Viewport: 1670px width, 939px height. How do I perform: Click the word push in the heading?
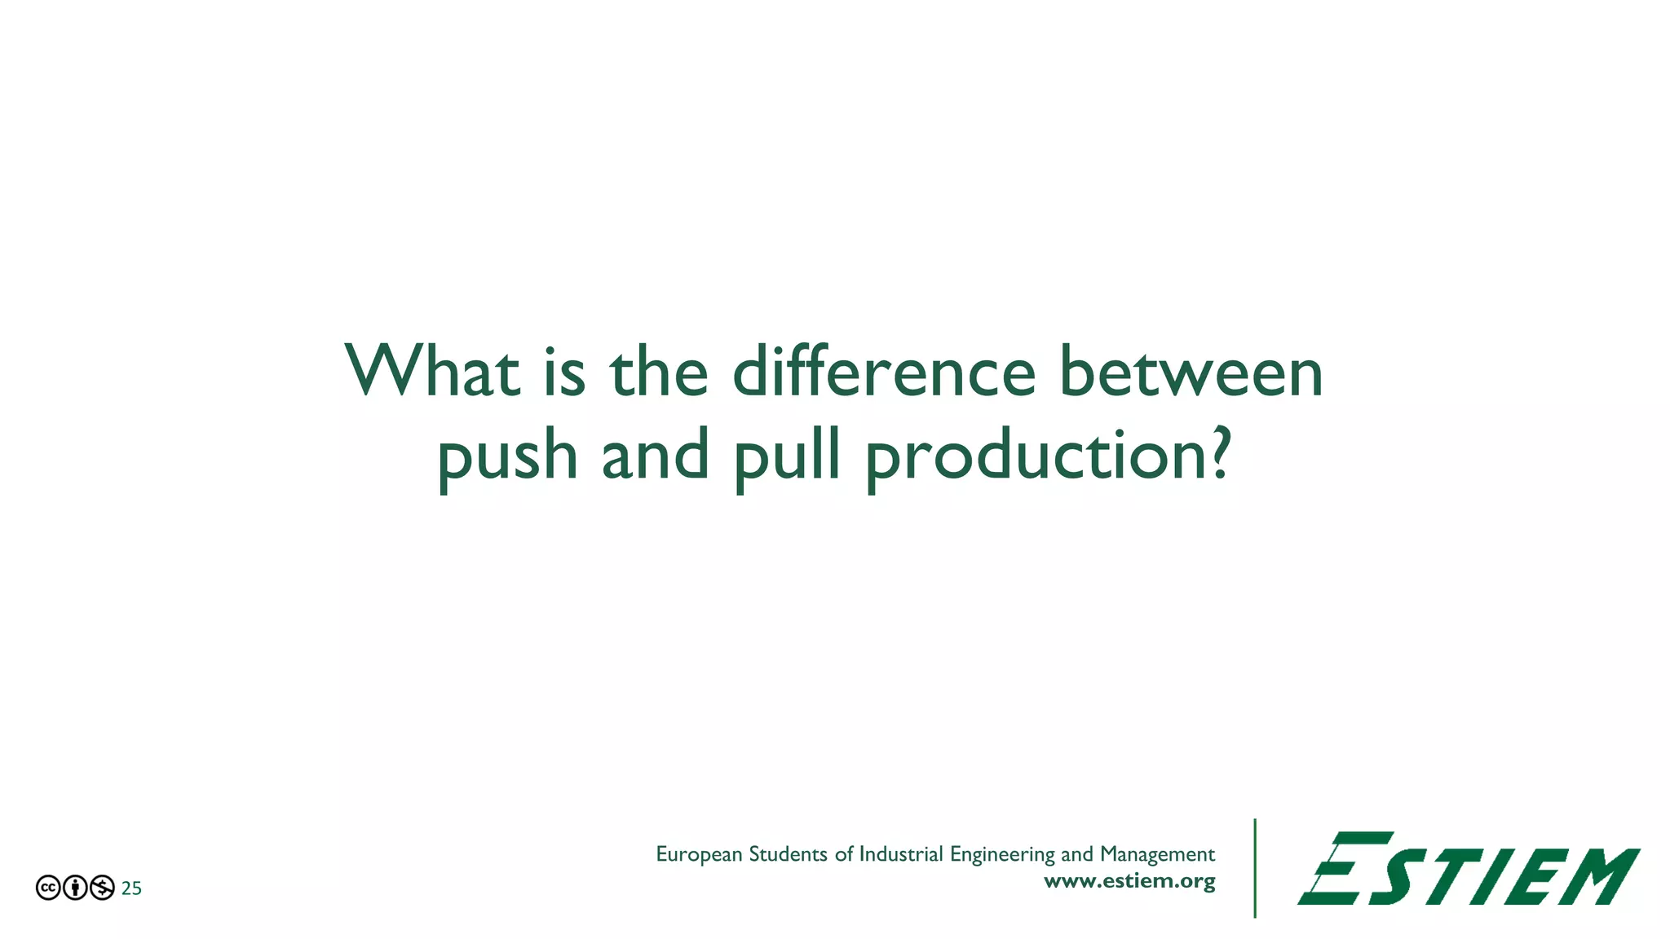[x=507, y=456]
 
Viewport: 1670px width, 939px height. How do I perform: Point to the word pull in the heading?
[x=788, y=456]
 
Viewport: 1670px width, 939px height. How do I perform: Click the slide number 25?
[x=131, y=888]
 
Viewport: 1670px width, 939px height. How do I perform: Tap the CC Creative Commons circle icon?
[x=48, y=888]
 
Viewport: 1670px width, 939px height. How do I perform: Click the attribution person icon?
[x=75, y=888]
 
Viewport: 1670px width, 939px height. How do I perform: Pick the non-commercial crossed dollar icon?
[x=102, y=888]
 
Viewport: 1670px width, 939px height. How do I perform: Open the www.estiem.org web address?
[x=1129, y=881]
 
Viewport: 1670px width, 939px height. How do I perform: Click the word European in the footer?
[x=699, y=854]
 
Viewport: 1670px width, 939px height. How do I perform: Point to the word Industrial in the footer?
[x=901, y=854]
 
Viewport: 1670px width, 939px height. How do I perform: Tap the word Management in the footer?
[x=1157, y=854]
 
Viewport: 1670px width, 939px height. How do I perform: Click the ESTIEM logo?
[x=1469, y=869]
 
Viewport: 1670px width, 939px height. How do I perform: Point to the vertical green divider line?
[x=1255, y=868]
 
